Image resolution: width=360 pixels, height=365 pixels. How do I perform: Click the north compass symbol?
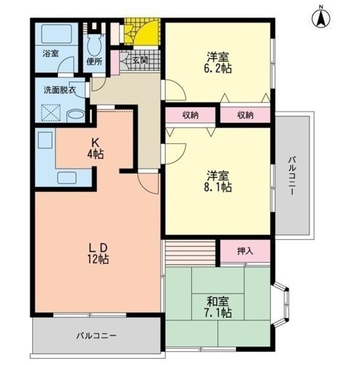(x=321, y=17)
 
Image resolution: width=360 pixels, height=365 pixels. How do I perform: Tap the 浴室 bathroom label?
(x=51, y=54)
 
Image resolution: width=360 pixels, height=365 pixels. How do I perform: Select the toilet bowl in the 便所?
(x=94, y=45)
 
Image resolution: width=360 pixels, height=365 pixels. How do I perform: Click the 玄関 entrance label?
(x=140, y=60)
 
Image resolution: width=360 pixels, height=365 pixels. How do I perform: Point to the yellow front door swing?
(x=147, y=33)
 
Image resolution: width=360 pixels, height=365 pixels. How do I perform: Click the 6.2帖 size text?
(x=218, y=68)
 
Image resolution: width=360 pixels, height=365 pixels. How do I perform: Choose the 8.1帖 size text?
(x=218, y=187)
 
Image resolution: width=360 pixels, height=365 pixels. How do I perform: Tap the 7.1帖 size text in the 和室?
(x=218, y=313)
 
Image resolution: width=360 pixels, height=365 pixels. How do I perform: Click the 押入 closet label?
(x=245, y=251)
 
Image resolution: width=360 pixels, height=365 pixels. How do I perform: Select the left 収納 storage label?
(x=190, y=115)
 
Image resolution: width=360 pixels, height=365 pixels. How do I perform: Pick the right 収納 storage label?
(x=245, y=115)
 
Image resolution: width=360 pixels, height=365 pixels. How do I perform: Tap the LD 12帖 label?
(x=98, y=253)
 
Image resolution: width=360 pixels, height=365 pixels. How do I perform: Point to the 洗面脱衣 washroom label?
(x=60, y=90)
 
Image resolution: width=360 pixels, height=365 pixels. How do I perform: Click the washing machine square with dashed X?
(x=51, y=113)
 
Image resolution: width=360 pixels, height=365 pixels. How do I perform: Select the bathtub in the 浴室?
(x=56, y=34)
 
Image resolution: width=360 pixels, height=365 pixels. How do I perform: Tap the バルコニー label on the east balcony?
(x=292, y=176)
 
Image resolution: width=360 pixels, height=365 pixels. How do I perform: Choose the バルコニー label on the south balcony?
(x=96, y=336)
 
